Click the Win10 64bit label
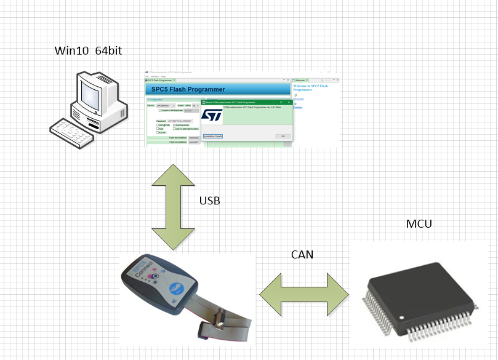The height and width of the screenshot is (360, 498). tap(88, 50)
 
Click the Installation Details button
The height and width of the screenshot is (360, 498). tap(213, 136)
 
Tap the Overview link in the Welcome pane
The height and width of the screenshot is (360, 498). tap(299, 98)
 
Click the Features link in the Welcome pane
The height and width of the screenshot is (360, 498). tap(298, 108)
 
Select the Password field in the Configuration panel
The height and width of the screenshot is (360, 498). tap(180, 121)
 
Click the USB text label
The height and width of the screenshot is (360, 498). tap(209, 201)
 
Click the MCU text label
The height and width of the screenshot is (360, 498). tap(419, 223)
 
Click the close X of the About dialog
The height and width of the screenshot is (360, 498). tap(289, 102)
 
